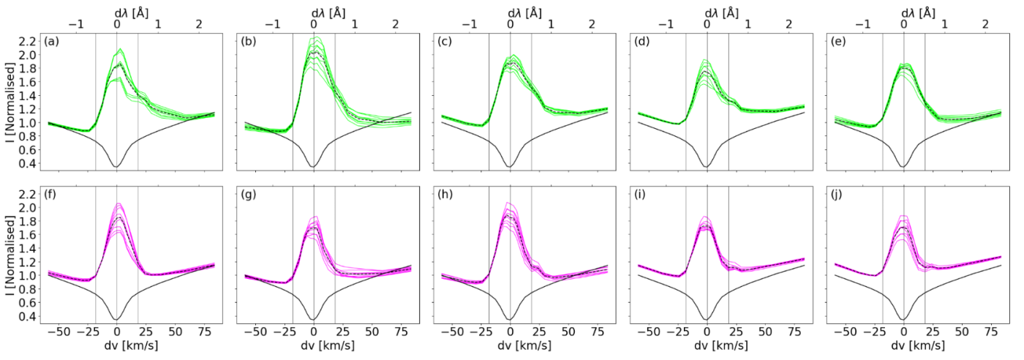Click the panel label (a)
(53, 42)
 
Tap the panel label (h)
(445, 195)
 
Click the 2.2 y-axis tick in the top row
(29, 42)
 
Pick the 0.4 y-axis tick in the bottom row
(29, 317)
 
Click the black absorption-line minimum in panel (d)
(707, 167)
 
